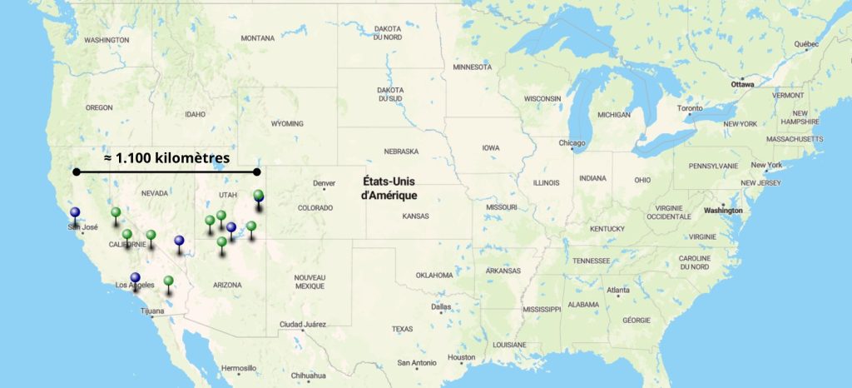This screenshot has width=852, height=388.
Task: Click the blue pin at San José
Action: tap(76, 213)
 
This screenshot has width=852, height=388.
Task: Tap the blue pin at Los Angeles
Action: tap(135, 279)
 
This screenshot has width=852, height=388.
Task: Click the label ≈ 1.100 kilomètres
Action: tap(167, 157)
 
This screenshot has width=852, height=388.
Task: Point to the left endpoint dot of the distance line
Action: tap(77, 172)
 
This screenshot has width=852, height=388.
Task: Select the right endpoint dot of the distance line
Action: tap(257, 172)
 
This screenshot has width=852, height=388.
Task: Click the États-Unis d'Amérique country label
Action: tap(389, 187)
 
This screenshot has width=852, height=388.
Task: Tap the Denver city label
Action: tap(324, 183)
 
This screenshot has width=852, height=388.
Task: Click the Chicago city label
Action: tap(572, 143)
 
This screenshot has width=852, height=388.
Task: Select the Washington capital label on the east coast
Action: tap(722, 211)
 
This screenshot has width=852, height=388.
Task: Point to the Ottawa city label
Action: tap(742, 85)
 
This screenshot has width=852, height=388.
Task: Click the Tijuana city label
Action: tap(153, 311)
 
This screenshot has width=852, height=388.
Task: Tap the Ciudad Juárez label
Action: tap(302, 324)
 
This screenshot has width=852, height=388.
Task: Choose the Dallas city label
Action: tap(442, 306)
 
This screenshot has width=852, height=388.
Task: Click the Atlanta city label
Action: tap(618, 290)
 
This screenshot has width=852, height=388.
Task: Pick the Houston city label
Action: tap(461, 357)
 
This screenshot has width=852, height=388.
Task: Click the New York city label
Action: tap(768, 165)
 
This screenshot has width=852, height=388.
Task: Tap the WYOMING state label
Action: tap(287, 123)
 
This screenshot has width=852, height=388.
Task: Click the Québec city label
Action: tap(806, 44)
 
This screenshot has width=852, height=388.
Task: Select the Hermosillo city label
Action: tap(238, 368)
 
